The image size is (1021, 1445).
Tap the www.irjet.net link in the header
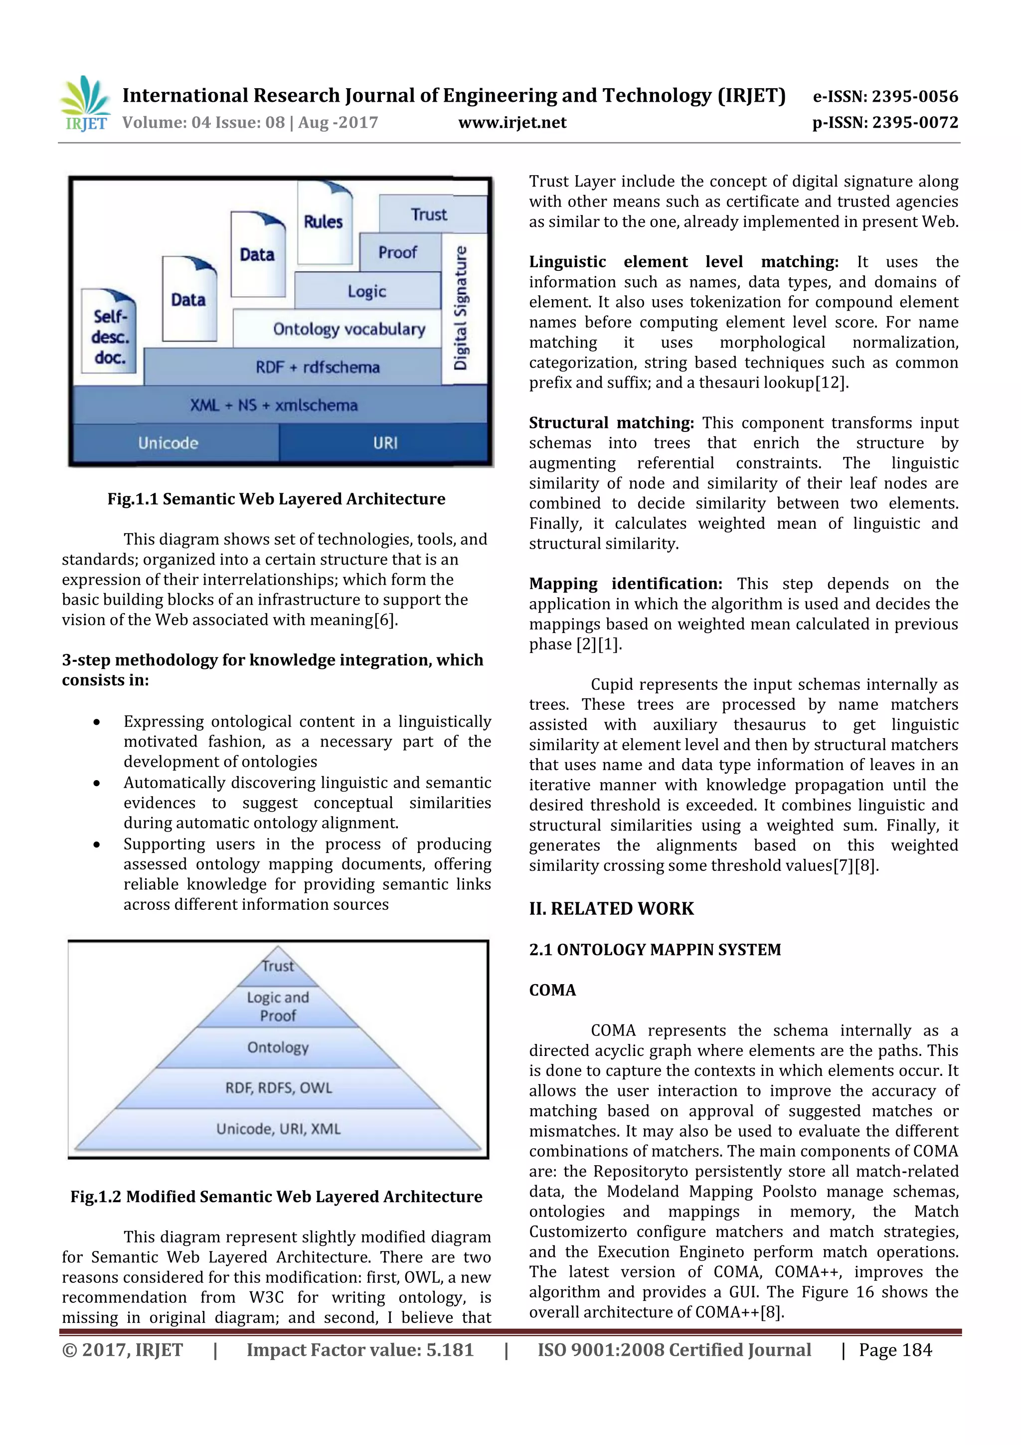click(x=512, y=123)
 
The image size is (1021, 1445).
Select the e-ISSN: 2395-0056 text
click(x=885, y=96)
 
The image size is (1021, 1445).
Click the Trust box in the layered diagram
click(x=432, y=214)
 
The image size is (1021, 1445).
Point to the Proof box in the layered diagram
click(x=398, y=252)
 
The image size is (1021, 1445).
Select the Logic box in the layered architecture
click(x=367, y=291)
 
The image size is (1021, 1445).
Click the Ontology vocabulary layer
click(x=348, y=329)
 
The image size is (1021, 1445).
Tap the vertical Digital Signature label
click(x=462, y=308)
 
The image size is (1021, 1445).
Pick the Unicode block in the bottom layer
click(x=169, y=443)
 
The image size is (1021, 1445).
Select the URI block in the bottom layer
click(x=384, y=443)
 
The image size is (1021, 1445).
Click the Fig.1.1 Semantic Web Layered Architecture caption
click(x=276, y=499)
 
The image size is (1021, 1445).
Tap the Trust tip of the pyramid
click(x=278, y=966)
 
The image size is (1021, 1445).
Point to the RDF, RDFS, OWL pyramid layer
click(x=278, y=1088)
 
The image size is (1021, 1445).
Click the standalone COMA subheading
click(x=552, y=990)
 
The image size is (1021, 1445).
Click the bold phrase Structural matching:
click(x=611, y=423)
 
